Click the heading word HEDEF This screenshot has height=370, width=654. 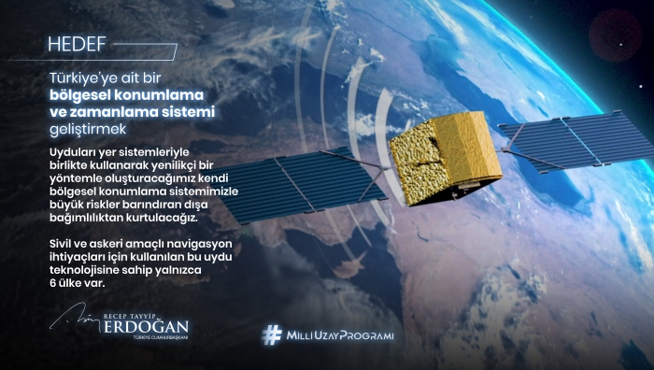click(77, 45)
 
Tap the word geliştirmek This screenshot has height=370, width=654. click(88, 129)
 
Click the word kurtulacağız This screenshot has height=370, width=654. click(162, 218)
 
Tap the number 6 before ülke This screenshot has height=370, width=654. click(52, 283)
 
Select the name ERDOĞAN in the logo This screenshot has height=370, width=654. click(146, 327)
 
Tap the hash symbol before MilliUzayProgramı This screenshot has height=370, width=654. click(272, 334)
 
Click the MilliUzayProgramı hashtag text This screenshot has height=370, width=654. click(339, 335)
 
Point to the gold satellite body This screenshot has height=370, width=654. click(445, 159)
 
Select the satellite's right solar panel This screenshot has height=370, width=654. click(576, 142)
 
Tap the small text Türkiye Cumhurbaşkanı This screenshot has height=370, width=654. click(160, 337)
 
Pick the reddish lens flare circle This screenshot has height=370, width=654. click(615, 36)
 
